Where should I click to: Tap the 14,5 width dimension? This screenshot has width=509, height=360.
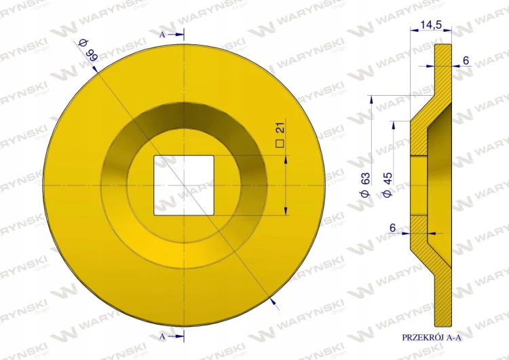431,24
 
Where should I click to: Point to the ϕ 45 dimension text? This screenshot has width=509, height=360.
388,185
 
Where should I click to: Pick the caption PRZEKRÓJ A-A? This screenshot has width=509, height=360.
432,338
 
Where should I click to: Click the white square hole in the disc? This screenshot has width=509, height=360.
184,185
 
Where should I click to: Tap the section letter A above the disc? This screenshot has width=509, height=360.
162,35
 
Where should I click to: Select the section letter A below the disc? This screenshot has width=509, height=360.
162,337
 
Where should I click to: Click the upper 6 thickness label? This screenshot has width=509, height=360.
466,60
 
